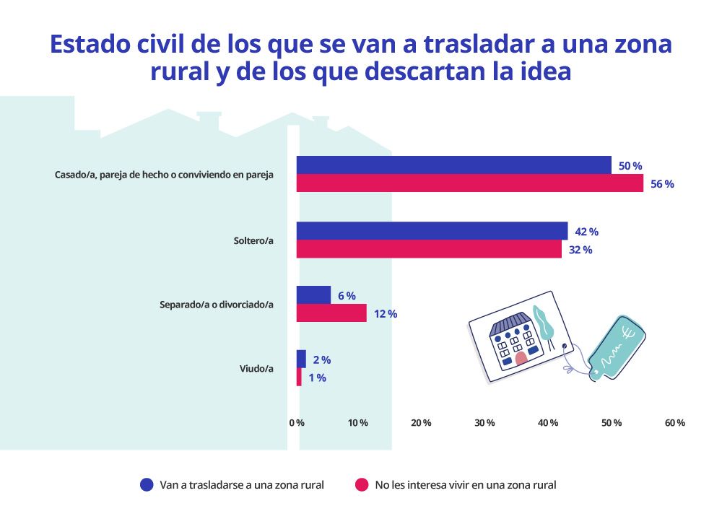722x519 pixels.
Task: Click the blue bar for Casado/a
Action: (453, 165)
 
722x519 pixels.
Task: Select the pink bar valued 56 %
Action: (469, 183)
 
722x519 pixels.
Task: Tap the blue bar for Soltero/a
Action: (432, 231)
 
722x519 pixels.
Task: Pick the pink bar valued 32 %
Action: (429, 249)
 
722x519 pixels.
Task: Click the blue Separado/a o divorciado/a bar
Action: (313, 295)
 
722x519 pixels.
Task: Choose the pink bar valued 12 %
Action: (331, 313)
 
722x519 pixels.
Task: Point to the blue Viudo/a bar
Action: (301, 359)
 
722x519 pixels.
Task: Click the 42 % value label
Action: (586, 232)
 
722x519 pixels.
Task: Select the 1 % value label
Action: (317, 378)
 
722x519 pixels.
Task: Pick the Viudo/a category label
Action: (256, 369)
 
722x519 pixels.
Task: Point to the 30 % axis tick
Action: (484, 423)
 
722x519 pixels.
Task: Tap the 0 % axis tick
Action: (296, 423)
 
